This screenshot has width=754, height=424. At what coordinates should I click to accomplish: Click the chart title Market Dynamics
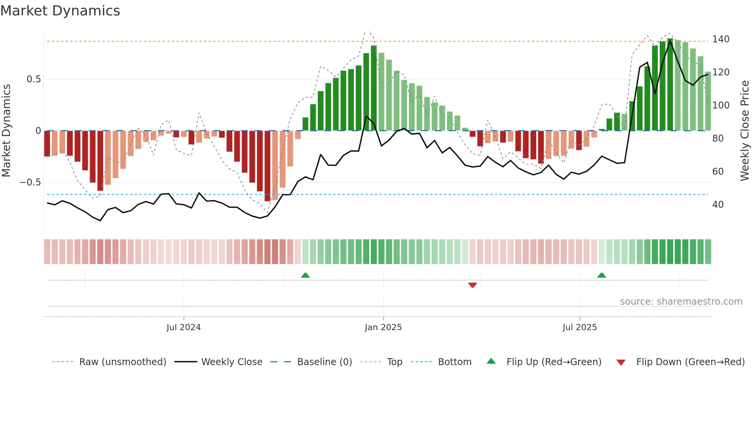tap(60, 11)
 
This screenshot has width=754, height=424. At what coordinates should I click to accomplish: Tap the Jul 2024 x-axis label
tap(183, 327)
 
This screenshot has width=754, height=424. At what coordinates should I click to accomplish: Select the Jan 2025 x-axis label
tap(383, 327)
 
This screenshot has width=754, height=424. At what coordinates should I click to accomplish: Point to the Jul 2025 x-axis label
tap(579, 327)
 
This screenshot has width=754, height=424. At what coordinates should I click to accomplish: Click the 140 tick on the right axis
tap(721, 39)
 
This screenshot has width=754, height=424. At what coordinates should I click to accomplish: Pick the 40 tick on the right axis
tap(718, 205)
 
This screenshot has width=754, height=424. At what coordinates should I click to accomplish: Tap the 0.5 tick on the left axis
tap(33, 79)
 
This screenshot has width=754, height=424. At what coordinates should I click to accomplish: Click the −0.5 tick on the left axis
tap(30, 182)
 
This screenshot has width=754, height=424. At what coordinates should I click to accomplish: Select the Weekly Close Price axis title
tap(745, 131)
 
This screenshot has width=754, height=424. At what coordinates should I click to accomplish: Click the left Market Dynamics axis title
tap(7, 131)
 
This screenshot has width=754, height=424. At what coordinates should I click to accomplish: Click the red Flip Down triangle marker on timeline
tap(472, 285)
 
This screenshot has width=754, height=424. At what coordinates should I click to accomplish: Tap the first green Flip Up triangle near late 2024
tap(305, 275)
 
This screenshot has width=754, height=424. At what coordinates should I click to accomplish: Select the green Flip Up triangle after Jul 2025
tap(602, 275)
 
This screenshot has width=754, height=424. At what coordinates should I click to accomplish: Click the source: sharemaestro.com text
tap(681, 302)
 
